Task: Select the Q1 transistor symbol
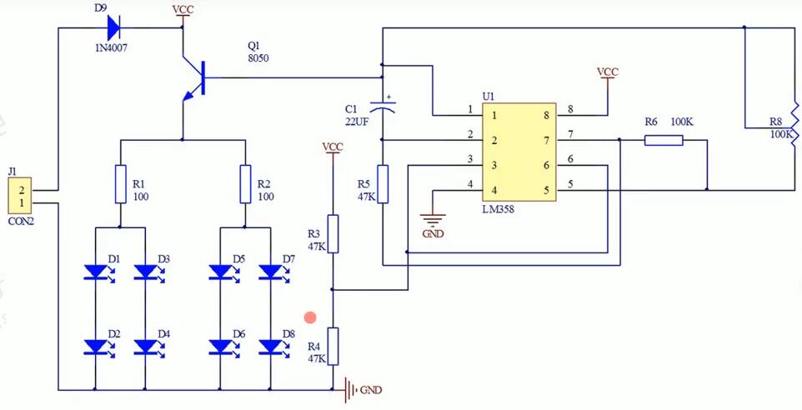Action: (195, 80)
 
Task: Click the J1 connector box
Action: (19, 196)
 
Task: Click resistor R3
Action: (333, 233)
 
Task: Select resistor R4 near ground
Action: (333, 346)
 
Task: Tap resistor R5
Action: (382, 183)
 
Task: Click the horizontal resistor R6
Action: (664, 141)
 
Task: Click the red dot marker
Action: (310, 317)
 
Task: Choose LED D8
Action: (270, 345)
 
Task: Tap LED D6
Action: (220, 345)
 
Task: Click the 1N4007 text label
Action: (112, 49)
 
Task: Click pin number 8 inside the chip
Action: (547, 116)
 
